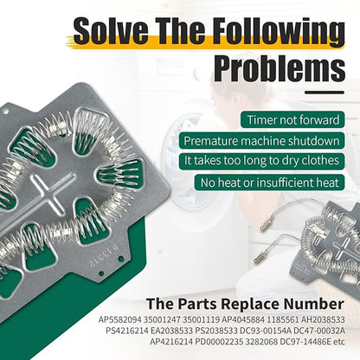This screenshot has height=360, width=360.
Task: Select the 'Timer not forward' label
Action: coord(292,119)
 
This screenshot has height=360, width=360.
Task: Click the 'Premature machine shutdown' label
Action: coord(261,141)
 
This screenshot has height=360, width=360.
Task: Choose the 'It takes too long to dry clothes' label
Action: coord(261,161)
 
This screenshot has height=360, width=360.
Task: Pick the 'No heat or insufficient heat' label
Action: coord(269,183)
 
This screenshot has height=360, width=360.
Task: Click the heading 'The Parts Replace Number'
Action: coord(245,304)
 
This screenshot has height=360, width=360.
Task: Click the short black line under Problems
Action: coord(325,93)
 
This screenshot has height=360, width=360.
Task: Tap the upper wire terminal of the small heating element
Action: coord(264,227)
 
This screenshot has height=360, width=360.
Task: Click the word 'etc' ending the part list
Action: coord(339,342)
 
